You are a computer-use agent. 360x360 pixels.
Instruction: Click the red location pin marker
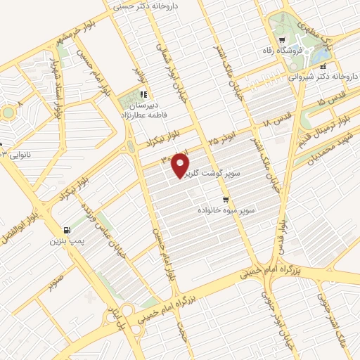(181, 164)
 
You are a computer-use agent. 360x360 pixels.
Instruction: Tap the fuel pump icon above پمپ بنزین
(66, 229)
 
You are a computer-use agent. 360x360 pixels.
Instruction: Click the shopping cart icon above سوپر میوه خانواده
(226, 199)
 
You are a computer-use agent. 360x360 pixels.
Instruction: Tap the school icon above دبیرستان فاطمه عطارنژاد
(143, 94)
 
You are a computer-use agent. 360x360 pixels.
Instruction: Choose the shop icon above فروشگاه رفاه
(281, 40)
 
